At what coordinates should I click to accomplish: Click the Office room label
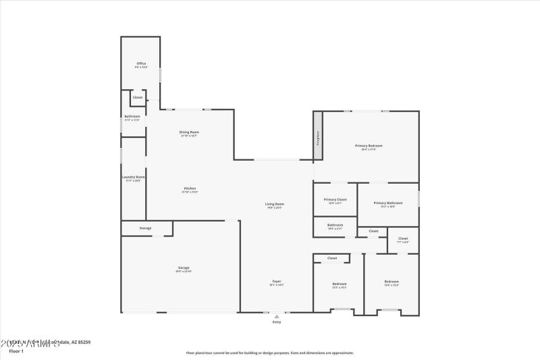coord(140,64)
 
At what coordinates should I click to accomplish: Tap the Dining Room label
coord(189,132)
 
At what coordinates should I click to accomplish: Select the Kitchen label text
coord(189,188)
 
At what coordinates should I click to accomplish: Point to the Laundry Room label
coord(134,178)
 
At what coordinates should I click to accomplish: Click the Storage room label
coord(145,228)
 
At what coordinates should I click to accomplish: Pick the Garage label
coord(184,269)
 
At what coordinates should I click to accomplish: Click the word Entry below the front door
coord(276,322)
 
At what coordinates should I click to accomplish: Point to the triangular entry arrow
coord(276,315)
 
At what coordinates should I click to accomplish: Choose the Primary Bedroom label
coord(369,147)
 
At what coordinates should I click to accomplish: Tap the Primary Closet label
coord(335,200)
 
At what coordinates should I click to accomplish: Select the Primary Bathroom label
coord(388,203)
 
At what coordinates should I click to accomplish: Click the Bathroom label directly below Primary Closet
coord(335,226)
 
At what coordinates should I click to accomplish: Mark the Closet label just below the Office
coord(138,97)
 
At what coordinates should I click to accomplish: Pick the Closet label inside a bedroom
coord(332,258)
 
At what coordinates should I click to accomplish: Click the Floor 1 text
coord(16,351)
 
